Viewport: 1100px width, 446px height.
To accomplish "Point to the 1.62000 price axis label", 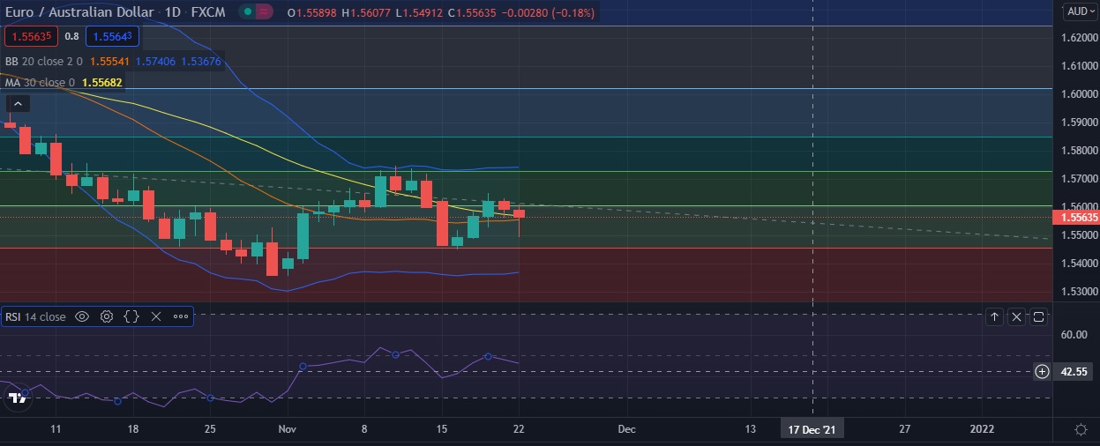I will click(1080, 38).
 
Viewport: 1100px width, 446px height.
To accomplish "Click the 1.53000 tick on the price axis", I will click(1080, 291).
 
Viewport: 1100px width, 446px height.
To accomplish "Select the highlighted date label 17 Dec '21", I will click(812, 429).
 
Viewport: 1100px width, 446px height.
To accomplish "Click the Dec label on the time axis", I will click(626, 429).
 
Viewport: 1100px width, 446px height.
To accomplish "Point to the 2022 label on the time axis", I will click(982, 429).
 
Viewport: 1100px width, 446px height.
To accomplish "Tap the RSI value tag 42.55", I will click(1074, 372).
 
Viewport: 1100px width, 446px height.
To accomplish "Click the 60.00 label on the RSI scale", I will click(1074, 335).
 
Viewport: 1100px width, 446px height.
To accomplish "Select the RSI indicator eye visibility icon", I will click(82, 316).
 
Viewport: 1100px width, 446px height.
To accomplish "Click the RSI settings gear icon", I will click(107, 316).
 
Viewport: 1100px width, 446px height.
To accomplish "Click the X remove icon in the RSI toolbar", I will click(156, 316).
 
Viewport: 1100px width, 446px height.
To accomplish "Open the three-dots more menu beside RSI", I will click(181, 316).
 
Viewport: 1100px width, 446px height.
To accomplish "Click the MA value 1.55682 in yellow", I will click(101, 82).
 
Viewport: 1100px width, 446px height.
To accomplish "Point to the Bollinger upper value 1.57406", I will click(159, 62).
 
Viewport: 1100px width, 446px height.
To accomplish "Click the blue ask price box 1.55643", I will click(112, 37).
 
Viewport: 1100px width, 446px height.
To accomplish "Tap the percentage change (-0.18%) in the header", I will click(569, 12).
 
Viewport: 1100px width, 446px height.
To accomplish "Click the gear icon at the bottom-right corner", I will click(1081, 429).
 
